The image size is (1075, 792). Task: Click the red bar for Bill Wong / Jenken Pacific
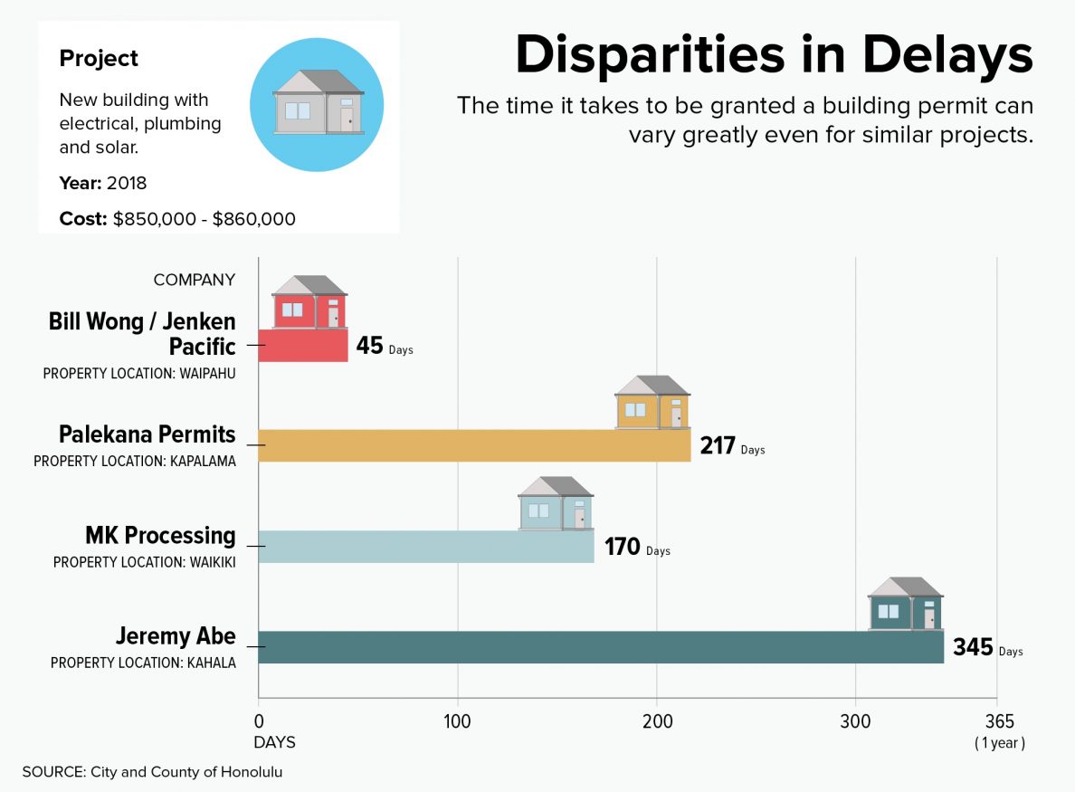click(303, 346)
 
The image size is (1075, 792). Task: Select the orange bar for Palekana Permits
click(474, 445)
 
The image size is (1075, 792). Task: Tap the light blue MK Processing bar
click(425, 547)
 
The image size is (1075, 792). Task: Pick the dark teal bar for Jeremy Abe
click(601, 647)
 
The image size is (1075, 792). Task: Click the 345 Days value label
click(986, 648)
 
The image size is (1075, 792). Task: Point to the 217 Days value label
click(731, 446)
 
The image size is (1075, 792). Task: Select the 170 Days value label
click(636, 548)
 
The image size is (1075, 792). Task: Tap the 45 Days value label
click(383, 347)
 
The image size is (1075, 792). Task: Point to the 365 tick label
click(999, 721)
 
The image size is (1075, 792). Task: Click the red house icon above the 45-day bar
click(309, 303)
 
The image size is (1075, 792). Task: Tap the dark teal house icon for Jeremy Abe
click(905, 605)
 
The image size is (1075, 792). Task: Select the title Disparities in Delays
click(774, 56)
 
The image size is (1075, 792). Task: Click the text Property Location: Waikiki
click(144, 562)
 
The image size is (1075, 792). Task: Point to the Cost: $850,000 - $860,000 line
click(177, 219)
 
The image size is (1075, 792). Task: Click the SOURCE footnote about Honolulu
click(158, 772)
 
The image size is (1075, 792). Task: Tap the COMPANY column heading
click(195, 280)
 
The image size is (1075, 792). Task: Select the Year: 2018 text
click(103, 183)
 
